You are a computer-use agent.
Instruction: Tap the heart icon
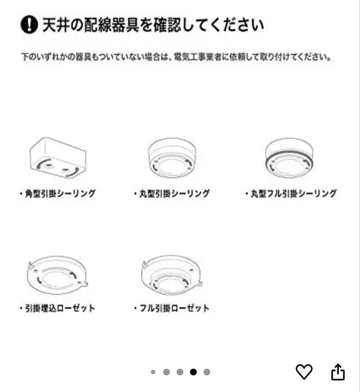pos(305,372)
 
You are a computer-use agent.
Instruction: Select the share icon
pos(338,372)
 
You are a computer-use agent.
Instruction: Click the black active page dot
pos(194,372)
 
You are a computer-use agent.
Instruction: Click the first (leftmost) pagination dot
pos(153,372)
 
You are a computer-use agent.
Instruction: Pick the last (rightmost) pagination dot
pos(207,372)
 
